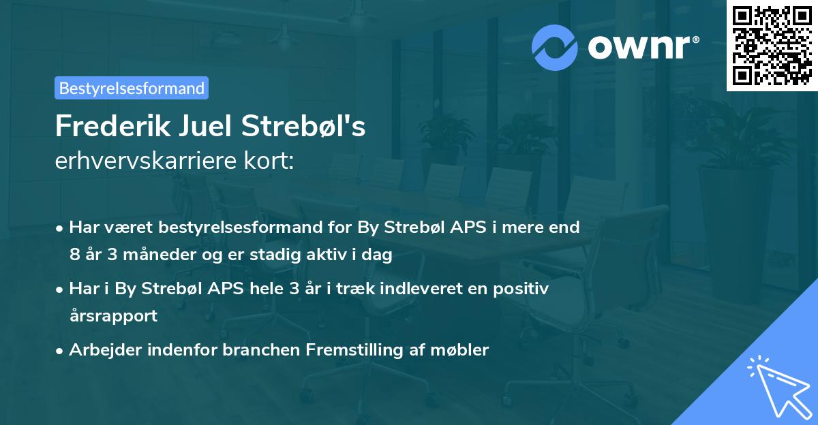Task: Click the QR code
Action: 772,45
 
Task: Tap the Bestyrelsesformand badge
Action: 132,88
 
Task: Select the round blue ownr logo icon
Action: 555,47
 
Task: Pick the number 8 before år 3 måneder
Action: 74,255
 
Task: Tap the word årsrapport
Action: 113,316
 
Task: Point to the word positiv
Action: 520,289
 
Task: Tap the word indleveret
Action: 425,289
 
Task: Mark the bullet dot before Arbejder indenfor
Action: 61,351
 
